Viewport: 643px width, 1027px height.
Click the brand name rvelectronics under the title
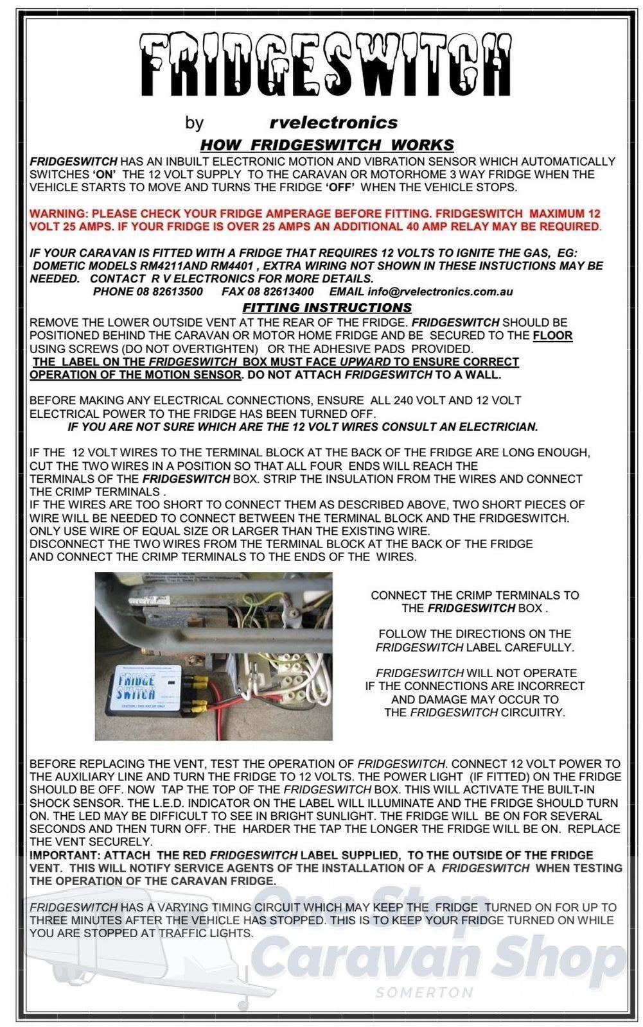[x=333, y=122]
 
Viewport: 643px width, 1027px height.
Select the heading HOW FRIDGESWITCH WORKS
[x=327, y=145]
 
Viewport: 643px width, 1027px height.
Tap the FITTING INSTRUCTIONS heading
[x=327, y=307]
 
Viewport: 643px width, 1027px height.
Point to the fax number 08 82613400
[x=277, y=292]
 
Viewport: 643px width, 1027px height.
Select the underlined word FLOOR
[x=552, y=336]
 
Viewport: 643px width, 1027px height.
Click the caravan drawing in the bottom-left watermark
[x=128, y=963]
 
